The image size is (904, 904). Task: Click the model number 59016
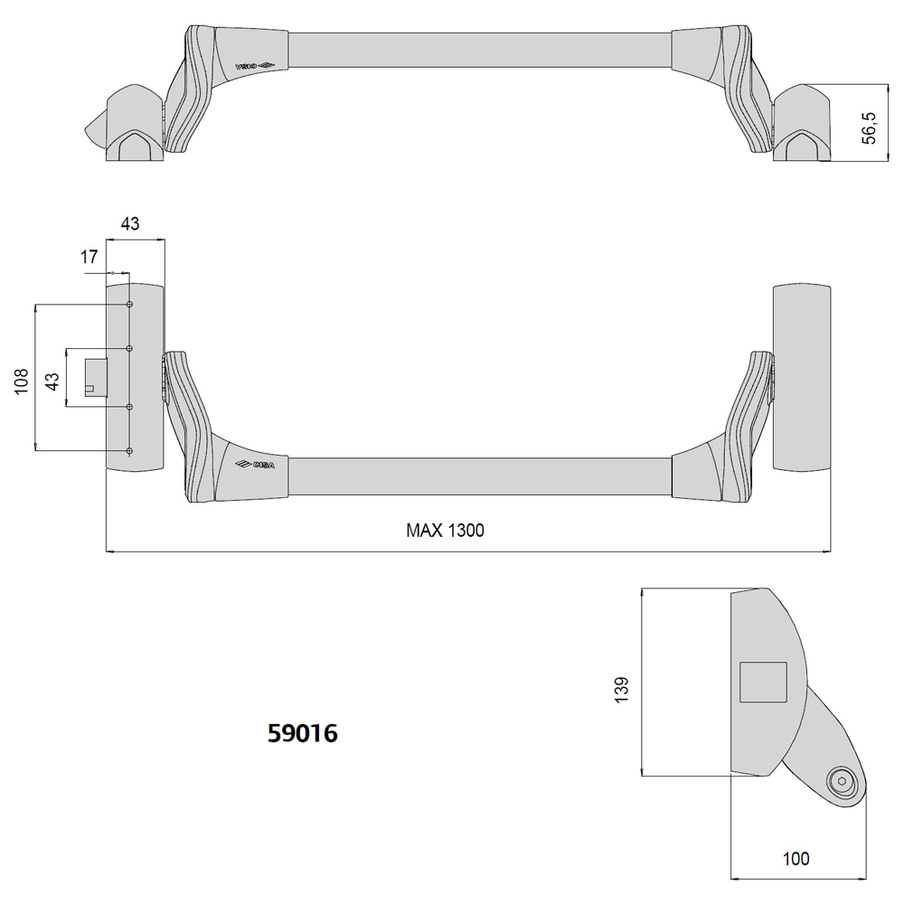(303, 733)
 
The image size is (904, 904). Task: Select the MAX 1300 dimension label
(445, 531)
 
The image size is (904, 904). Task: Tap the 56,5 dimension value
(869, 128)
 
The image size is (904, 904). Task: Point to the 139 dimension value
(622, 690)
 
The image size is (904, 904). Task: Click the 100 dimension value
(796, 859)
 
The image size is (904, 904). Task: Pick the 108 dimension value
(22, 381)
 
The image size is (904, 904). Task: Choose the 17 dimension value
(89, 257)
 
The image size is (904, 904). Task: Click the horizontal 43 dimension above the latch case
(130, 223)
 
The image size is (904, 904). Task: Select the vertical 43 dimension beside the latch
(52, 381)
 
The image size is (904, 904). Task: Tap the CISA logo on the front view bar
(255, 465)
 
